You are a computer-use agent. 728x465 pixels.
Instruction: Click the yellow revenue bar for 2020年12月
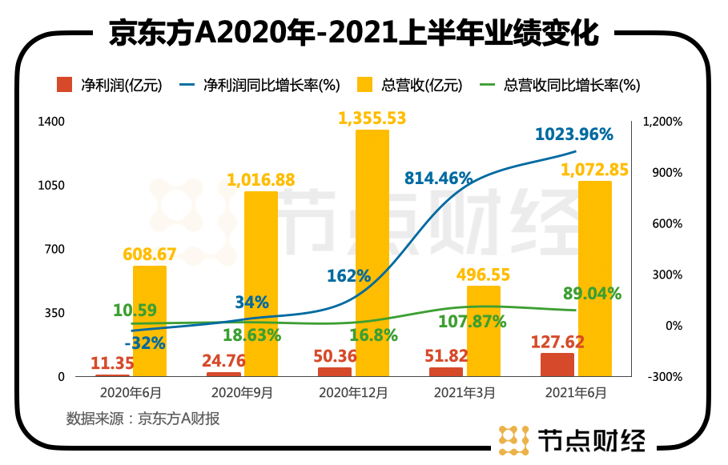pyautogui.click(x=372, y=252)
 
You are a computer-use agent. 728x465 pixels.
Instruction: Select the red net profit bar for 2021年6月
pyautogui.click(x=557, y=364)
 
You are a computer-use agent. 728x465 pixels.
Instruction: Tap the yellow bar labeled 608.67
pyautogui.click(x=150, y=320)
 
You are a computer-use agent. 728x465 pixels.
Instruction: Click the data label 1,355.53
pyautogui.click(x=372, y=118)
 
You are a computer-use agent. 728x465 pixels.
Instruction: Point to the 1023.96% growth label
pyautogui.click(x=574, y=134)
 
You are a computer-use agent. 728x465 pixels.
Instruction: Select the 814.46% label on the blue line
pyautogui.click(x=438, y=178)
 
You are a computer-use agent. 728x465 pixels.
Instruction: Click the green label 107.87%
pyautogui.click(x=473, y=322)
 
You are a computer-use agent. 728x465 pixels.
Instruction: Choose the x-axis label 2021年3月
pyautogui.click(x=465, y=393)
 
